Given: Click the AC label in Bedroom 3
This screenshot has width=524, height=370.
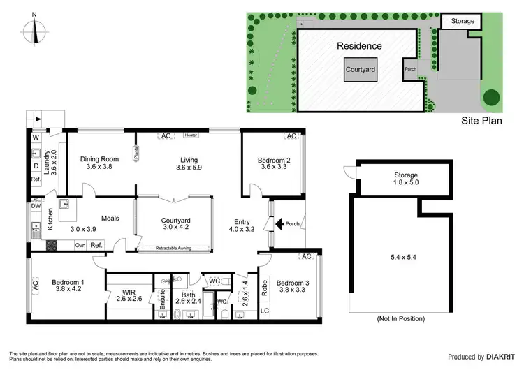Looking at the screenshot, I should pyautogui.click(x=305, y=256).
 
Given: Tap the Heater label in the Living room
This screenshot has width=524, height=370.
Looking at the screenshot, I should pyautogui.click(x=191, y=135).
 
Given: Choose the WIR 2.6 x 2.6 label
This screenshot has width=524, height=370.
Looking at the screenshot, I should pyautogui.click(x=129, y=295).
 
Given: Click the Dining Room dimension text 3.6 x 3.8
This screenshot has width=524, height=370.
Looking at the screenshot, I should pyautogui.click(x=99, y=167).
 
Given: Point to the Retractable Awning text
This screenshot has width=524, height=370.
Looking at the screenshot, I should pyautogui.click(x=175, y=248).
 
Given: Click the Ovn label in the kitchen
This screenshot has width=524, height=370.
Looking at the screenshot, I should pyautogui.click(x=80, y=245).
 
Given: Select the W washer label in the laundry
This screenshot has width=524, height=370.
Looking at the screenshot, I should pyautogui.click(x=35, y=138).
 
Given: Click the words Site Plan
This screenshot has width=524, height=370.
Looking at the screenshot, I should pyautogui.click(x=482, y=120).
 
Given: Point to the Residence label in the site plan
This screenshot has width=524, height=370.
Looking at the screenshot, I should pyautogui.click(x=359, y=46).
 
